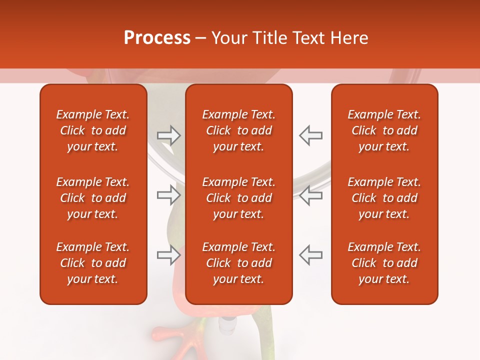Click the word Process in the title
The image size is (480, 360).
point(157,38)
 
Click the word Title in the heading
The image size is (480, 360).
point(269,38)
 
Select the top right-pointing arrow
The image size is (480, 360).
point(169,135)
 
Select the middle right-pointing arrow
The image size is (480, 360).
point(169,195)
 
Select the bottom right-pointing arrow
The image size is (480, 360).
point(169,255)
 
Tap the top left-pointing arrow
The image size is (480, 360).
point(310,135)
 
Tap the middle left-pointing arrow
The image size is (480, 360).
point(310,195)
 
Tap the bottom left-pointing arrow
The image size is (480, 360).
point(310,255)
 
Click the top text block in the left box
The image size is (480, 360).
point(93,130)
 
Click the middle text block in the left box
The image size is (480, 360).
point(93,198)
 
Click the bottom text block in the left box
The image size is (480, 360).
point(93,263)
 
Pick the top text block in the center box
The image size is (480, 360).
point(239,130)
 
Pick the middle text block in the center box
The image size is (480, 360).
point(239,198)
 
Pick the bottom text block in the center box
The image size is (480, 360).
point(239,263)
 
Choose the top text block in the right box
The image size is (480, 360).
point(384,130)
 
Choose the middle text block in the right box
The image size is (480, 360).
point(384,198)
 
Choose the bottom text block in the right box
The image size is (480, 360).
point(384,263)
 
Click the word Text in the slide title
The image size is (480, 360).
point(309,38)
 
